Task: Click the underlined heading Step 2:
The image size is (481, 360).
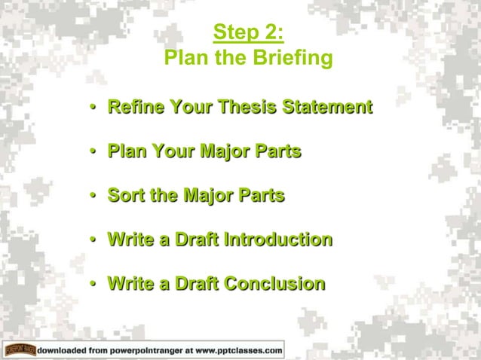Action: click(248, 32)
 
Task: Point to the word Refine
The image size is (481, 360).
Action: click(136, 107)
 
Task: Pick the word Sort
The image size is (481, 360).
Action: click(126, 196)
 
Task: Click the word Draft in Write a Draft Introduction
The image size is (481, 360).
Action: click(195, 240)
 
